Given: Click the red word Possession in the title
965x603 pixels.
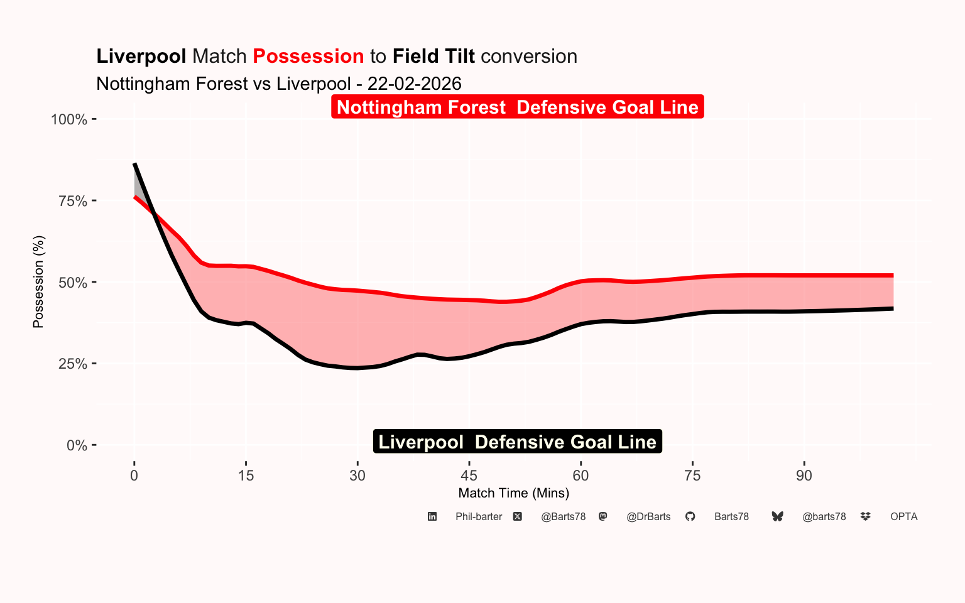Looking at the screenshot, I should [308, 57].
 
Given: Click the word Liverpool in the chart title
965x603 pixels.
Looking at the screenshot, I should [141, 57].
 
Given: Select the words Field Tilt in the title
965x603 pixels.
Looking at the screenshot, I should [433, 57].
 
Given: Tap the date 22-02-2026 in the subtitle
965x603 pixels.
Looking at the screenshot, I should [414, 84].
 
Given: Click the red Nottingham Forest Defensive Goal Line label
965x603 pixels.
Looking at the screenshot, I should [517, 107].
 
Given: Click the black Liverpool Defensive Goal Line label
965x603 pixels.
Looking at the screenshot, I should [517, 442].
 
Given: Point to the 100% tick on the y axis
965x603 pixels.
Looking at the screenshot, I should [69, 119].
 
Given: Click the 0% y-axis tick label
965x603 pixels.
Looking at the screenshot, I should [77, 445].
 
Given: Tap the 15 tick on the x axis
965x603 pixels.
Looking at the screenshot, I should [246, 475].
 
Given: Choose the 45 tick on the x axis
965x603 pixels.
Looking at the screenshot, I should [469, 475].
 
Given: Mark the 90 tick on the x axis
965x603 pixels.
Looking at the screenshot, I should [804, 475].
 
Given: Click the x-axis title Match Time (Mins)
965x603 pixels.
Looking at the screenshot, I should [514, 493].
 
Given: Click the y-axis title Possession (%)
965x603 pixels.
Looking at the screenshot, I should [38, 282].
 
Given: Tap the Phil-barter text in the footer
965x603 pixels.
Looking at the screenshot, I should [479, 517].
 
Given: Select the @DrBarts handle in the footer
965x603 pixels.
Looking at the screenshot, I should [648, 517].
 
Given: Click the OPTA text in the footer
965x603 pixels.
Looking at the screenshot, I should [903, 517].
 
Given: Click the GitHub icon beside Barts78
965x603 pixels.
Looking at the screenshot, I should [690, 516].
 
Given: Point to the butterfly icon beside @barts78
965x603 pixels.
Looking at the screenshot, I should [777, 516].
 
